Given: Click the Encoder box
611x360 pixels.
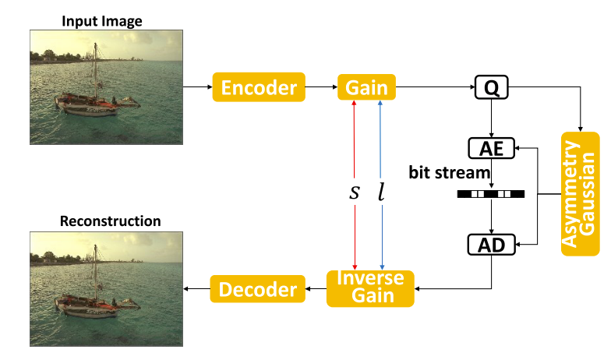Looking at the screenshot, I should (x=259, y=87).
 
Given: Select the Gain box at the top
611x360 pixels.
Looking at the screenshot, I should (x=366, y=87).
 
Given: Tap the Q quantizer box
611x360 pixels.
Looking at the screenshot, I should (x=491, y=88).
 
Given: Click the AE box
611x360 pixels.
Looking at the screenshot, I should (x=491, y=149).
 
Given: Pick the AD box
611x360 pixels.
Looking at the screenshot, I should (x=491, y=245).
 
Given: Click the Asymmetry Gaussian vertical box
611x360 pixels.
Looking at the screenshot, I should (x=581, y=193).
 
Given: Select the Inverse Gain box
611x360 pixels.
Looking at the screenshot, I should (x=370, y=288).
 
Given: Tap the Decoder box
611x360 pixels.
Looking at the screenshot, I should (x=258, y=290).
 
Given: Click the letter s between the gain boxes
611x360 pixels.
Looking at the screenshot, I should (x=355, y=191).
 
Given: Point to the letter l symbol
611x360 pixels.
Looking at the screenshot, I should (x=381, y=191).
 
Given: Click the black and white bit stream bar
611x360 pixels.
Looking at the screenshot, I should (x=491, y=193).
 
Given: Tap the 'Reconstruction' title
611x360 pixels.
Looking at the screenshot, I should (x=110, y=221).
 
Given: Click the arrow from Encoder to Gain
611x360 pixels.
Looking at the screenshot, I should (x=321, y=87).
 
